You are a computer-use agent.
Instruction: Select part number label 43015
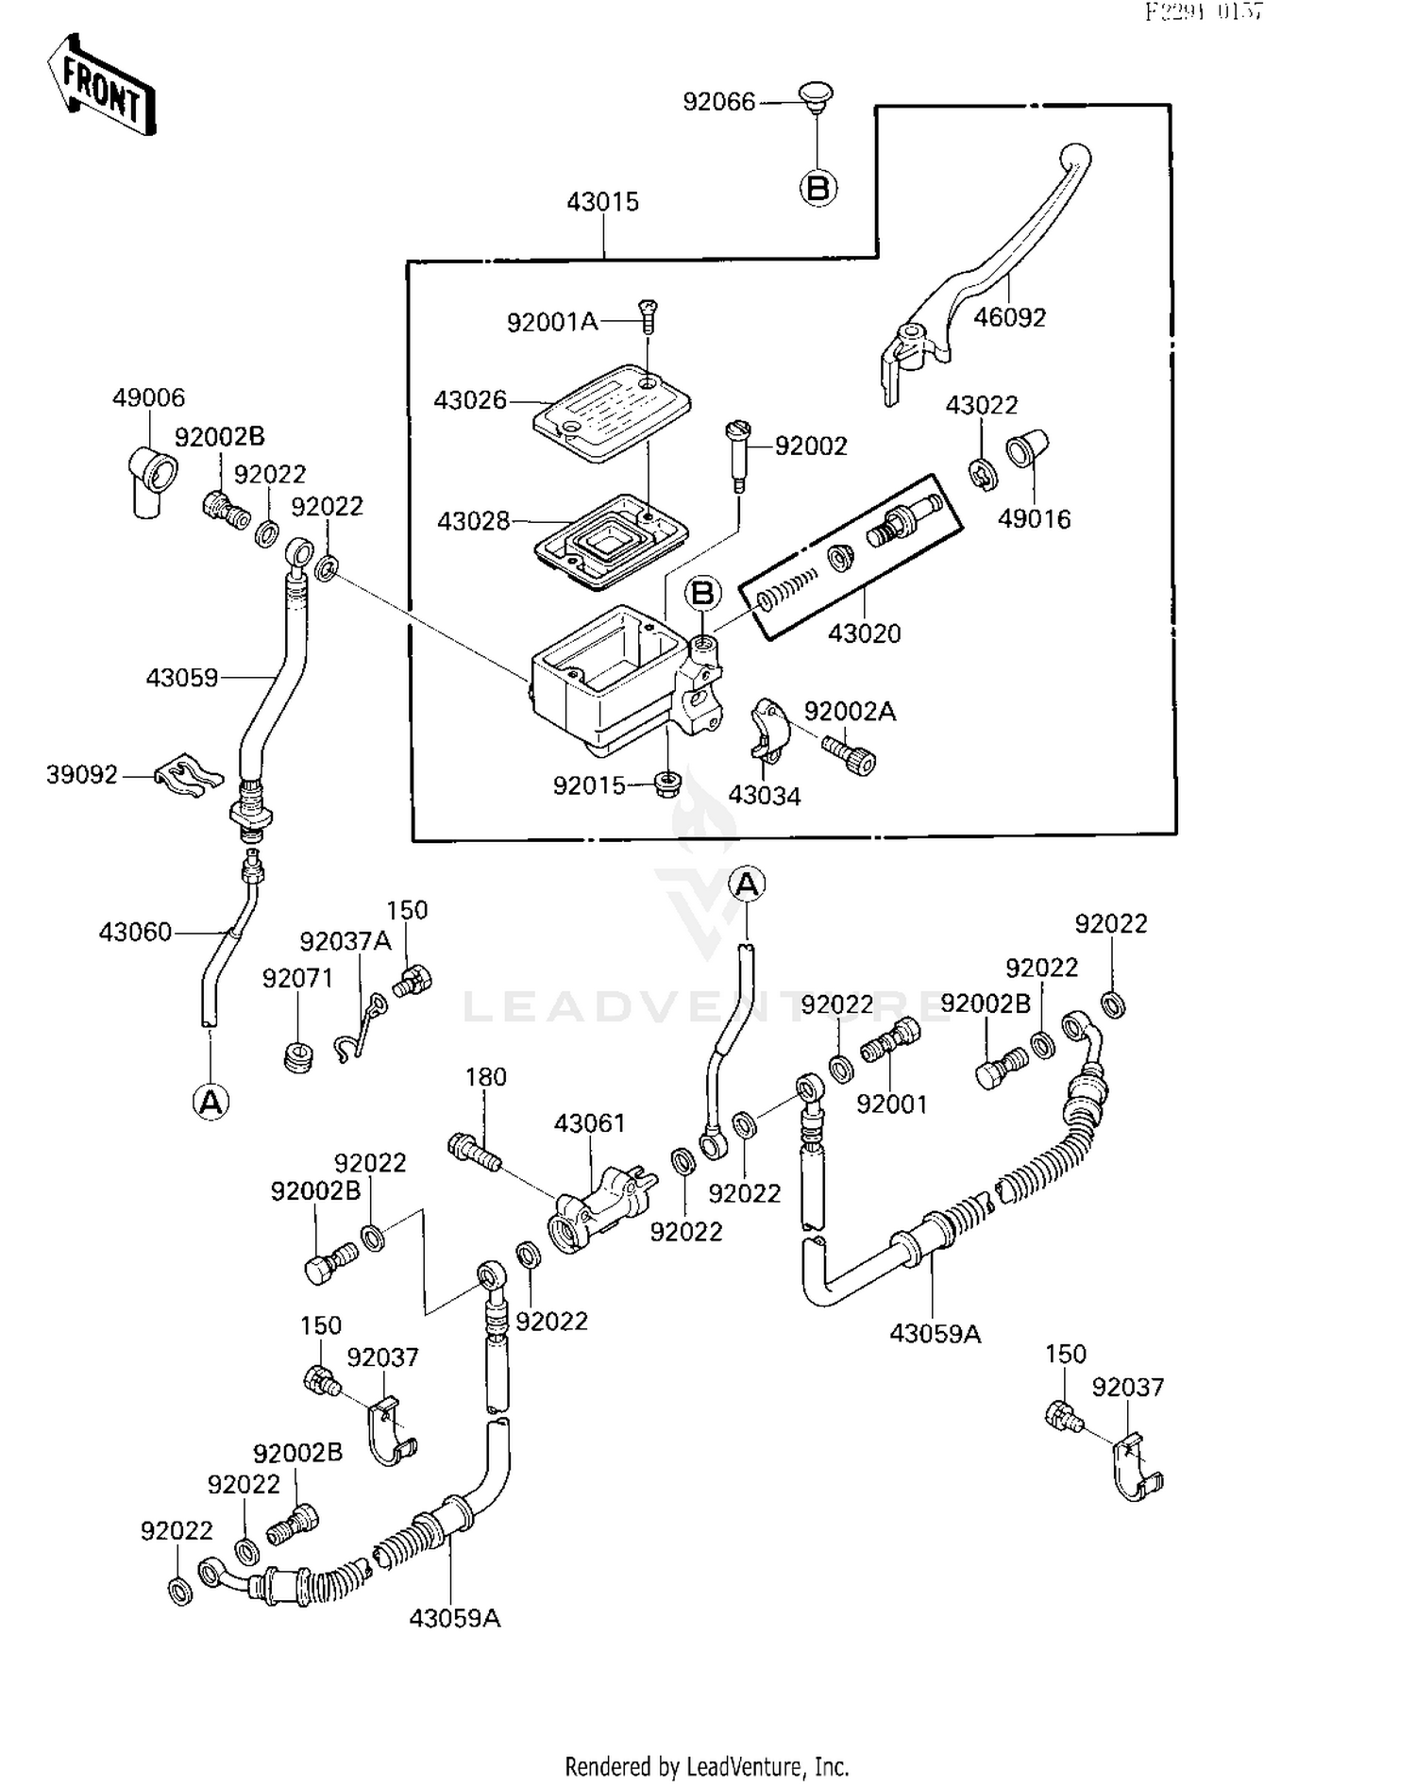click(x=602, y=201)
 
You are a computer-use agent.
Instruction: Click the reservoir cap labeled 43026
click(x=611, y=412)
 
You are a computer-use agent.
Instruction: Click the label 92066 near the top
click(x=718, y=102)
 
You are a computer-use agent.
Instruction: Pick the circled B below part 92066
click(x=818, y=188)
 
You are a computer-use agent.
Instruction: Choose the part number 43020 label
click(x=864, y=633)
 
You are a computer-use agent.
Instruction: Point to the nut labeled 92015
click(x=667, y=783)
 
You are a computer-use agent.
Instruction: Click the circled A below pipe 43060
click(x=211, y=1101)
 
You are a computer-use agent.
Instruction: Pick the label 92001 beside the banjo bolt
click(x=891, y=1103)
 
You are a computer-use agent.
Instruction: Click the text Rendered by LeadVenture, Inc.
click(x=707, y=1766)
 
